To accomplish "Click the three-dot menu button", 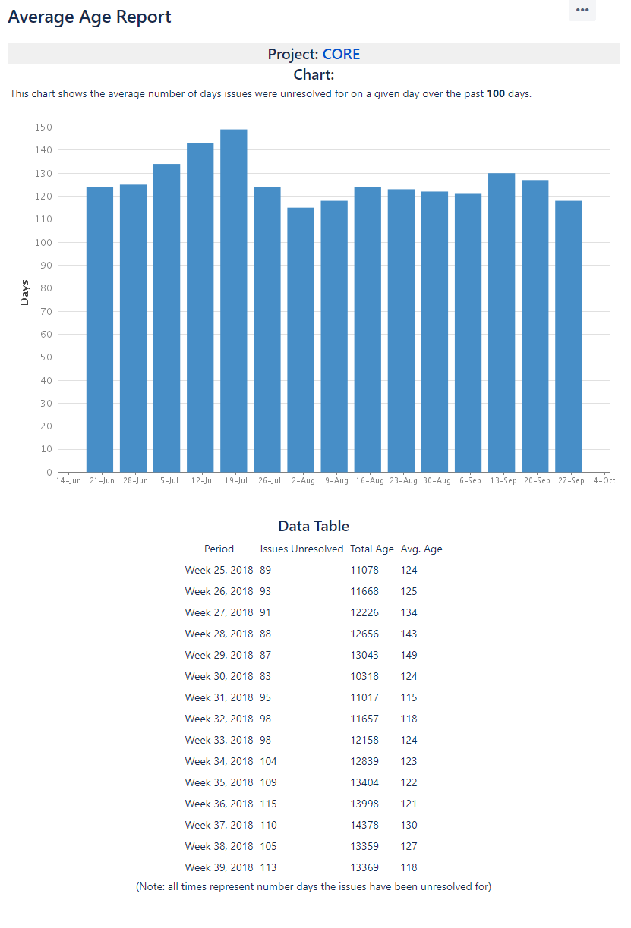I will pos(582,10).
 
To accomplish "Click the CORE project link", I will pos(341,54).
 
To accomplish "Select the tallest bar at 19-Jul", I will pos(234,300).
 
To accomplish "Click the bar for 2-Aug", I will pos(301,340).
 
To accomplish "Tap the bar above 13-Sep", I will pos(501,322).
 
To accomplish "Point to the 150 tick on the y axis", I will pos(43,127).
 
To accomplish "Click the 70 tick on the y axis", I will pos(46,311).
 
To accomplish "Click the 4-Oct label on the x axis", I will pos(604,480).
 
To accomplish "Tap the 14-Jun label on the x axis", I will pos(68,480).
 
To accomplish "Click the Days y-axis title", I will pos(24,293).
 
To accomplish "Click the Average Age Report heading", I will pos(90,17).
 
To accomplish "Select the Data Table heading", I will pos(314,526).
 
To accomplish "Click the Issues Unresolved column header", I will pos(301,549).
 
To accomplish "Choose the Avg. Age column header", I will pos(421,549).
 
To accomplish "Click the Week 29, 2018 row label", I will pos(219,655).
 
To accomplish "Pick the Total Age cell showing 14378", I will pos(364,825).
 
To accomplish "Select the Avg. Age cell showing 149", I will pos(409,655).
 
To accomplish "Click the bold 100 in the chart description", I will pos(496,94).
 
